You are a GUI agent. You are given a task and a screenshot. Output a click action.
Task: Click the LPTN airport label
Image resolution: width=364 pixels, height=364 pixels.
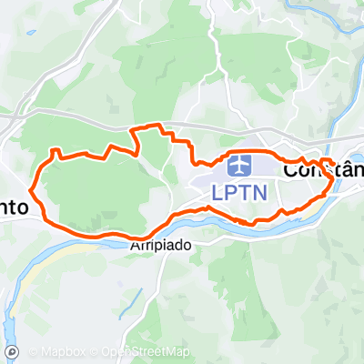[241, 193]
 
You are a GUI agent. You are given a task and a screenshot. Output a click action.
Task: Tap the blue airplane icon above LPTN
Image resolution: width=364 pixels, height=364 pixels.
[240, 167]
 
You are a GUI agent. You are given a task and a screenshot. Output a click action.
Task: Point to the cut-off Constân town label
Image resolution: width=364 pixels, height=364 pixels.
[324, 169]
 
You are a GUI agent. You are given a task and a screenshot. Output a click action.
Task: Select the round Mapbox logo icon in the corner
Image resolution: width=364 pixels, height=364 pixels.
[12, 351]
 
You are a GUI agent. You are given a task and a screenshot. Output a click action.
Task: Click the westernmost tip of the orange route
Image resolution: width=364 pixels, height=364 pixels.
[33, 190]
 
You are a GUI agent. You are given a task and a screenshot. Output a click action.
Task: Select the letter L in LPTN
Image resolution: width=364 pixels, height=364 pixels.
[217, 193]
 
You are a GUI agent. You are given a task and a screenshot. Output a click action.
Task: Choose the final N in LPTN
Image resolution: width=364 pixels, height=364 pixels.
[265, 193]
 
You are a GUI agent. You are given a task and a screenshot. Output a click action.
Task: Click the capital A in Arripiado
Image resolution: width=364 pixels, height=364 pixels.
[136, 246]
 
